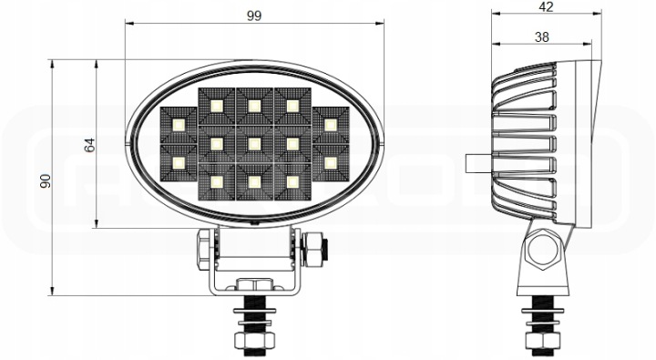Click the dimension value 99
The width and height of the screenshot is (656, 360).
(254, 15)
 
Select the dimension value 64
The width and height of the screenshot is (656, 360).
(90, 145)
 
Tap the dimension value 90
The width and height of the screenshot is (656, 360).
(46, 180)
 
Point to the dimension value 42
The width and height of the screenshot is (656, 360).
(547, 6)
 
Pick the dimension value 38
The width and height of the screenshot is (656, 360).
(542, 37)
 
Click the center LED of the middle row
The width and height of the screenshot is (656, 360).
(254, 144)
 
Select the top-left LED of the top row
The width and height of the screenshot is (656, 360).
(216, 106)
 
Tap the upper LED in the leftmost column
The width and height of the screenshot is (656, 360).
(179, 125)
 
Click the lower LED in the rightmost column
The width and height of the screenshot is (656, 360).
(331, 163)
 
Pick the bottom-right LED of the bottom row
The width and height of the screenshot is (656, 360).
(292, 182)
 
